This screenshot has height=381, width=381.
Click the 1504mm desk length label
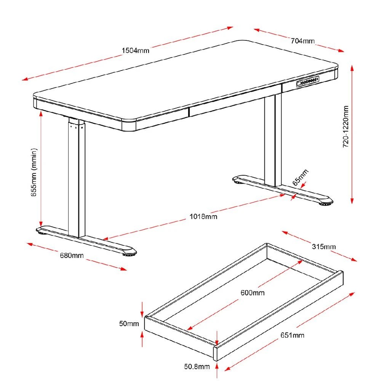tap(135, 50)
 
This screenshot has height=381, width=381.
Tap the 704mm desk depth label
tap(303, 41)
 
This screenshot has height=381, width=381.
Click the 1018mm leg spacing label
tap(203, 217)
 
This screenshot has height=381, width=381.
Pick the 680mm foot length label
tap(71, 255)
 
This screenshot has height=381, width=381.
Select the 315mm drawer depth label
tap(324, 247)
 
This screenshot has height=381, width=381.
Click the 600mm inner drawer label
tap(252, 293)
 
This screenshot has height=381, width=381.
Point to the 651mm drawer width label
tap(292, 335)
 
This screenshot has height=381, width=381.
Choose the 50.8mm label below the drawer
tap(197, 367)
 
